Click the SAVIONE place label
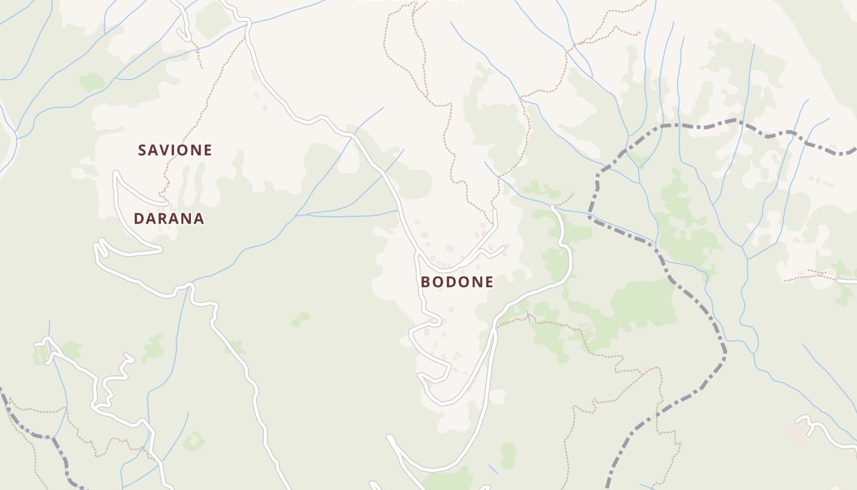(x=175, y=150)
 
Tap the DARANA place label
(x=169, y=219)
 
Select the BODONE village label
(x=457, y=282)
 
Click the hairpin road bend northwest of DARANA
(x=116, y=175)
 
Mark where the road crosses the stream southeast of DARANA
(x=191, y=285)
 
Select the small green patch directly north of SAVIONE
(x=92, y=81)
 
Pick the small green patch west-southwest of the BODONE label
(x=301, y=318)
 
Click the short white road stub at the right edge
(x=847, y=281)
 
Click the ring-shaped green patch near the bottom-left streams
(x=194, y=441)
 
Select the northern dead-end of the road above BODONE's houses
(x=495, y=211)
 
